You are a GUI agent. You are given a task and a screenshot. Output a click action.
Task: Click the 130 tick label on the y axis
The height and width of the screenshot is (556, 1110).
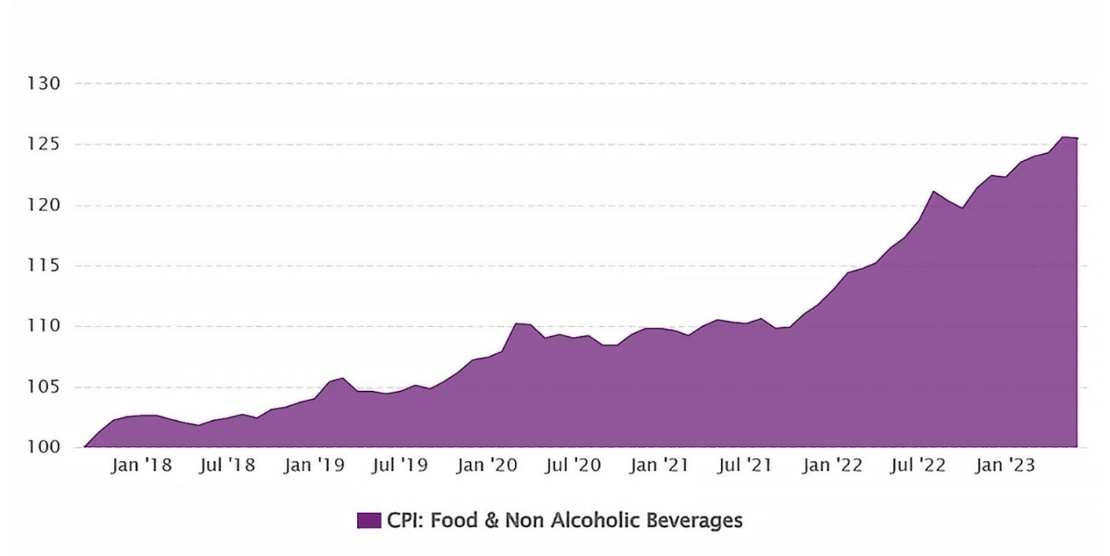pos(45,83)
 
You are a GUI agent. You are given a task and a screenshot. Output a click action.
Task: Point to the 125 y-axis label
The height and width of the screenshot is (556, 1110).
pos(45,144)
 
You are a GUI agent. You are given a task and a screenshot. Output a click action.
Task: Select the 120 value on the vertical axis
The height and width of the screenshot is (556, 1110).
pos(45,206)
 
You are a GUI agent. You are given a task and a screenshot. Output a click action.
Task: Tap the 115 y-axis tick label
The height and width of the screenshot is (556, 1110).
pos(45,266)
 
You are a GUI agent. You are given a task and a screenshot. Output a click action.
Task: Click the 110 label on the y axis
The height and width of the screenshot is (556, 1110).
pos(45,327)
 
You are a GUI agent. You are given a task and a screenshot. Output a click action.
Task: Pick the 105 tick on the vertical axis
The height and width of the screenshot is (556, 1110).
pos(45,387)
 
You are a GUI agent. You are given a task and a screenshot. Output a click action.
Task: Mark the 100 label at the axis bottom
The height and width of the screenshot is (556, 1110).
pos(45,448)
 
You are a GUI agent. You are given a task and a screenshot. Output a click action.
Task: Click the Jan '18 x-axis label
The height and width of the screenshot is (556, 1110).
pos(142,466)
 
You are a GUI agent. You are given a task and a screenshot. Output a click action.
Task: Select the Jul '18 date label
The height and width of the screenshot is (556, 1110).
pos(228,466)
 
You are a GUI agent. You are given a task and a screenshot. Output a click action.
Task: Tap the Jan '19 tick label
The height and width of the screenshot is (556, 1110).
pos(314,466)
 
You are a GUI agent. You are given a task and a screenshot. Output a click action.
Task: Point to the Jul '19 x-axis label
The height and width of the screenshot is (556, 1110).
pos(400,466)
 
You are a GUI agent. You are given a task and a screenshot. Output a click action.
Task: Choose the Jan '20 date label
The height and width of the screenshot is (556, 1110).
pos(487,466)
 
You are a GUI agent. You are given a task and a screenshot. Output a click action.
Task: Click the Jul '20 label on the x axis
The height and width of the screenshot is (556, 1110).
pos(573,466)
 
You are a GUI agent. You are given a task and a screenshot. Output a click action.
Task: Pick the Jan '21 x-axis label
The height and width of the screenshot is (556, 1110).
pos(659,466)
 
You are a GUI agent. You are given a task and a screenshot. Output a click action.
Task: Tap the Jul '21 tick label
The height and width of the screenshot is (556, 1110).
pos(745,466)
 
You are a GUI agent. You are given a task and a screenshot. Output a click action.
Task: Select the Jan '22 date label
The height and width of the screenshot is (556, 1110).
pos(832,466)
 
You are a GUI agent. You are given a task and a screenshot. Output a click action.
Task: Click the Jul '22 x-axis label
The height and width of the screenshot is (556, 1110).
pos(917,466)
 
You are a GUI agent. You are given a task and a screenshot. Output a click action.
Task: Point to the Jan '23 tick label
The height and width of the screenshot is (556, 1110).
pos(1004,466)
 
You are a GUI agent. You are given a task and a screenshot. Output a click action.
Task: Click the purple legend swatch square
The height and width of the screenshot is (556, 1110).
pos(369,521)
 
